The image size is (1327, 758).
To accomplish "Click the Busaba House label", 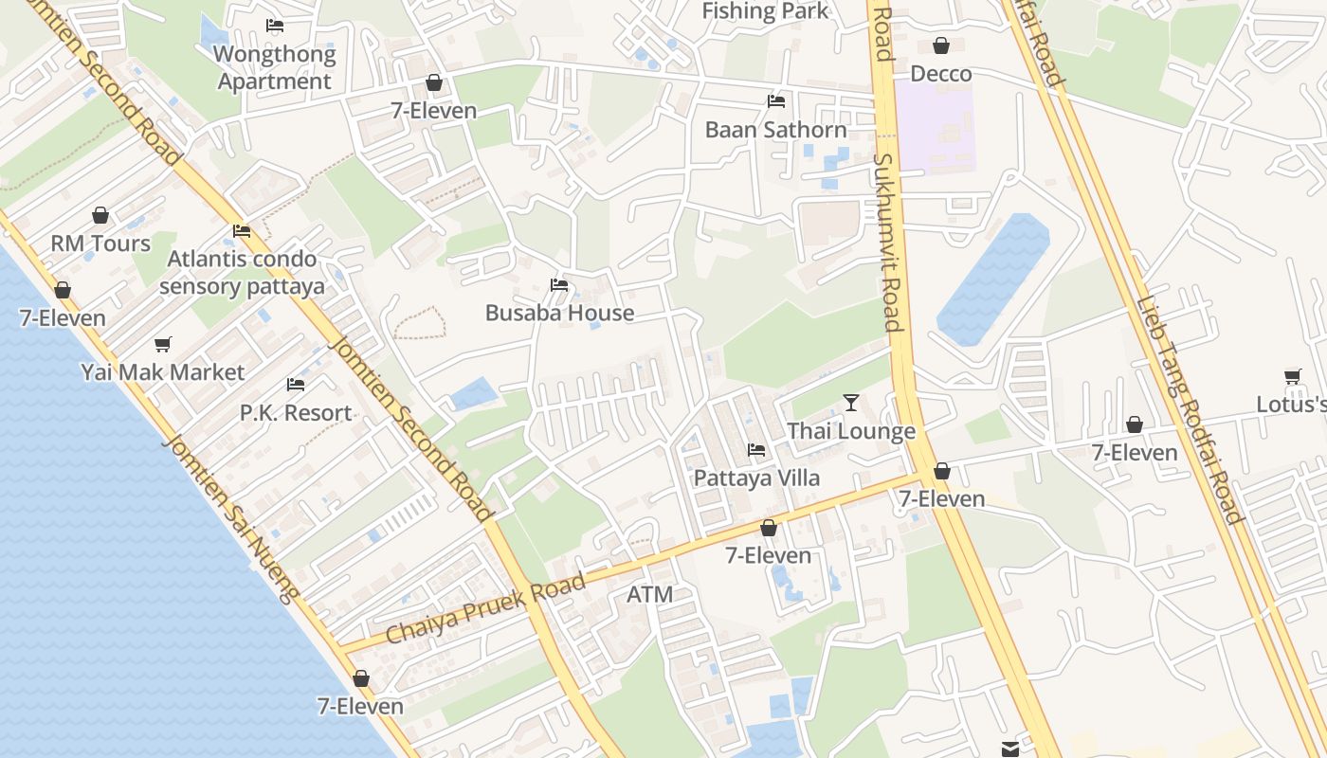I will click(559, 313).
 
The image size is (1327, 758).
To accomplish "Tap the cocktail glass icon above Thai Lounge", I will click(851, 403).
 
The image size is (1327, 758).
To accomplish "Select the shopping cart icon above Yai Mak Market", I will click(163, 344).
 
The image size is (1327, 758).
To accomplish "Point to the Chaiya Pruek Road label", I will click(485, 610).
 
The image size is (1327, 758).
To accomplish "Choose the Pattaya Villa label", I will click(756, 478).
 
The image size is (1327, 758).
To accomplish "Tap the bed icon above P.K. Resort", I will click(296, 385).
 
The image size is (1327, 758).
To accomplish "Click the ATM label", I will click(650, 595).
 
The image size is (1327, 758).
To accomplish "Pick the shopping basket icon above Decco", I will click(941, 45).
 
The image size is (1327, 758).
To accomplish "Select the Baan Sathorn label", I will click(775, 130).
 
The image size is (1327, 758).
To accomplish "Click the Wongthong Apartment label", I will click(275, 67).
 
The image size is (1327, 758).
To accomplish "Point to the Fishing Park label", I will click(765, 11).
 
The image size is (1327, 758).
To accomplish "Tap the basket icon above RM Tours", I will click(100, 216).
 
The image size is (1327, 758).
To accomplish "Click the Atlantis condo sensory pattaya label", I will click(242, 272).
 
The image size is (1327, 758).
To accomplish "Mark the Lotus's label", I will click(1291, 405).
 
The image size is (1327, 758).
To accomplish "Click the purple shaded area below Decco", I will click(936, 128).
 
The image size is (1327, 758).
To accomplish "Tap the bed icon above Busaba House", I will click(559, 284).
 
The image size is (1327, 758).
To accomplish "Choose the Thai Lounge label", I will click(851, 431).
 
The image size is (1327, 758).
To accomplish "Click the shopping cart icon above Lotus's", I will click(1293, 376).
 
